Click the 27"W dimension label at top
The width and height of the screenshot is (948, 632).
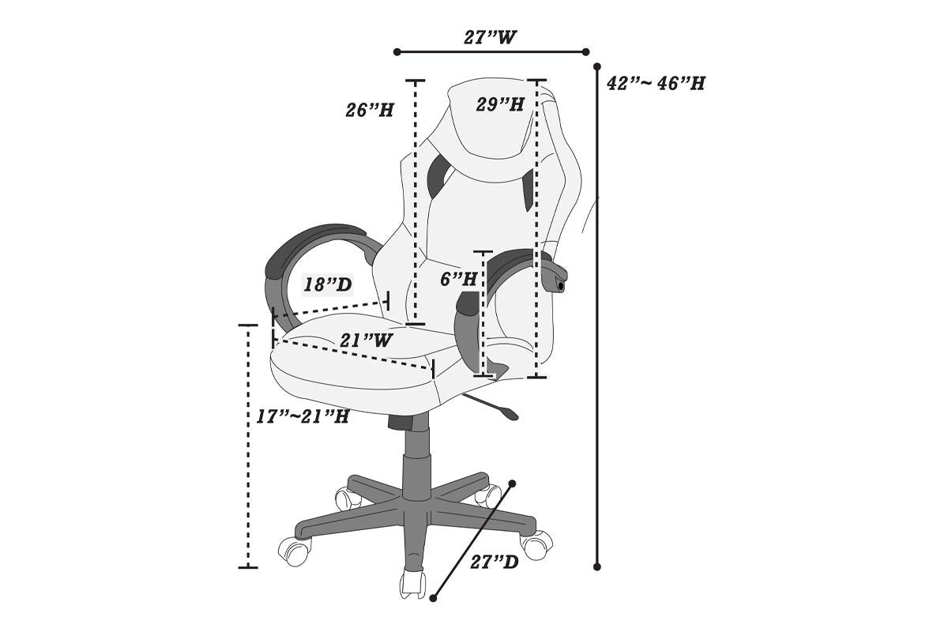pyautogui.click(x=491, y=37)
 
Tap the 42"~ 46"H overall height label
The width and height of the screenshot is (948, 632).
pyautogui.click(x=656, y=84)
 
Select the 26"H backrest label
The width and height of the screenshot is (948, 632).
pyautogui.click(x=369, y=111)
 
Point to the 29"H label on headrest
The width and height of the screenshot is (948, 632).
pyautogui.click(x=500, y=104)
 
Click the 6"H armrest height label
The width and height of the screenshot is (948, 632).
pyautogui.click(x=459, y=279)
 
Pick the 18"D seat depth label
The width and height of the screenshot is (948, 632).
pyautogui.click(x=327, y=284)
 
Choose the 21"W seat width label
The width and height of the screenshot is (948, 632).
pyautogui.click(x=367, y=340)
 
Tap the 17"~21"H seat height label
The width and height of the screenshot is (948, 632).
pyautogui.click(x=303, y=416)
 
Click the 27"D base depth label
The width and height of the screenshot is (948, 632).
pyautogui.click(x=495, y=562)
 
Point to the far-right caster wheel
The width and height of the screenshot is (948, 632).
pyautogui.click(x=536, y=544)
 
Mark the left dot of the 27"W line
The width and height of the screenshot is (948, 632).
pyautogui.click(x=397, y=52)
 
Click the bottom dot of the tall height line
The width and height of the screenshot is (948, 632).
pyautogui.click(x=597, y=566)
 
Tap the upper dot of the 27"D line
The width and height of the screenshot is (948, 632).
pyautogui.click(x=513, y=483)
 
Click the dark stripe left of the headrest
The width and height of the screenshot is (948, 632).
pyautogui.click(x=436, y=178)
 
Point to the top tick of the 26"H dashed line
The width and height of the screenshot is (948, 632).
pyautogui.click(x=415, y=81)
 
